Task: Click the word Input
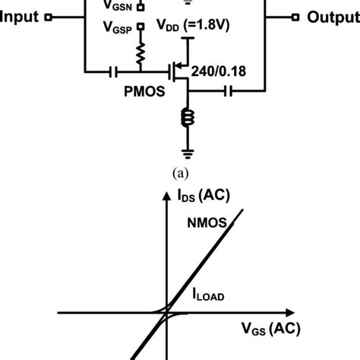tap(21, 17)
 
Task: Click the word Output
tap(332, 17)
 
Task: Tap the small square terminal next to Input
tap(49, 17)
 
